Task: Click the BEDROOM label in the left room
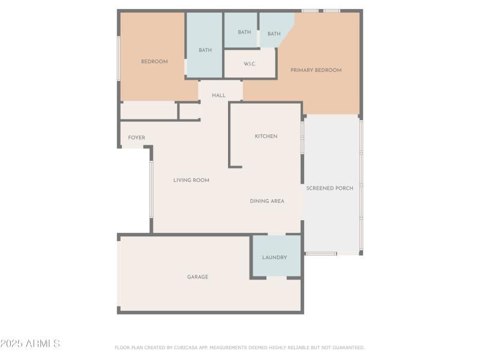[x=154, y=61]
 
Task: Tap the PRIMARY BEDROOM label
[x=316, y=70]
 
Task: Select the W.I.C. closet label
[x=250, y=64]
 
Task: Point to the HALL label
[x=218, y=95]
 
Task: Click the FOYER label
[x=136, y=137]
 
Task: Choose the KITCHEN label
[x=266, y=136]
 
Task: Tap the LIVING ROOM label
[x=191, y=180]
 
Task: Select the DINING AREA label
[x=267, y=201]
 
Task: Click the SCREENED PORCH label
[x=329, y=188]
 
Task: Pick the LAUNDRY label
[x=274, y=257]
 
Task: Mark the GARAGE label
[x=197, y=277]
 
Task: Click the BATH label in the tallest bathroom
[x=205, y=50]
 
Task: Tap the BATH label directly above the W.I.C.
[x=244, y=32]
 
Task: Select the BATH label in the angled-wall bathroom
[x=274, y=34]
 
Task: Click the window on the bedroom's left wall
[x=119, y=58]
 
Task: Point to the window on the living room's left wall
[x=151, y=189]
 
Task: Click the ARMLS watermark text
[x=30, y=344]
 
